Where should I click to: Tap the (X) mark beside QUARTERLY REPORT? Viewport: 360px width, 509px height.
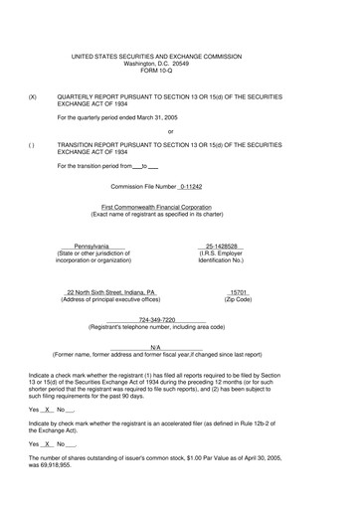pos(34,98)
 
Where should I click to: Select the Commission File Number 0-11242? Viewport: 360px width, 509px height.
pos(205,185)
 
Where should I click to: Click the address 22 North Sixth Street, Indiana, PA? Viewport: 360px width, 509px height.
pos(110,292)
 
